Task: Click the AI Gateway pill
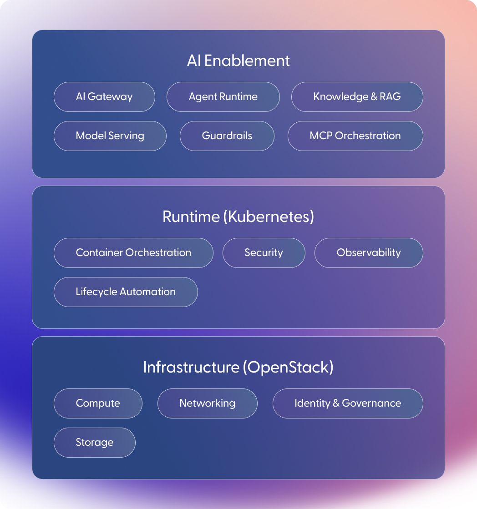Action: tap(104, 97)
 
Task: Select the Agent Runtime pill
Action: tap(223, 97)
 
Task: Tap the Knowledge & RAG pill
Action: tap(357, 97)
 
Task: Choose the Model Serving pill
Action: tap(110, 136)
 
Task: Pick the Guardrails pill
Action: tap(227, 136)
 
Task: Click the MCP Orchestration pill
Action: tap(355, 136)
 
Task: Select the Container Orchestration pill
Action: tap(133, 253)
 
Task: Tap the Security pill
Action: tap(264, 253)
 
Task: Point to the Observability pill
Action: tap(369, 253)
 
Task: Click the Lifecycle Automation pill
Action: tap(126, 292)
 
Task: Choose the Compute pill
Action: tap(98, 403)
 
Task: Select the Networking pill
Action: tap(208, 403)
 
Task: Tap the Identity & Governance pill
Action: tap(348, 403)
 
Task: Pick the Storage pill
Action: tap(95, 443)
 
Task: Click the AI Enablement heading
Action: tap(238, 61)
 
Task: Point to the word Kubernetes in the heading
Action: tap(269, 217)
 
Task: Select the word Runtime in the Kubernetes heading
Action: tap(191, 217)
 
